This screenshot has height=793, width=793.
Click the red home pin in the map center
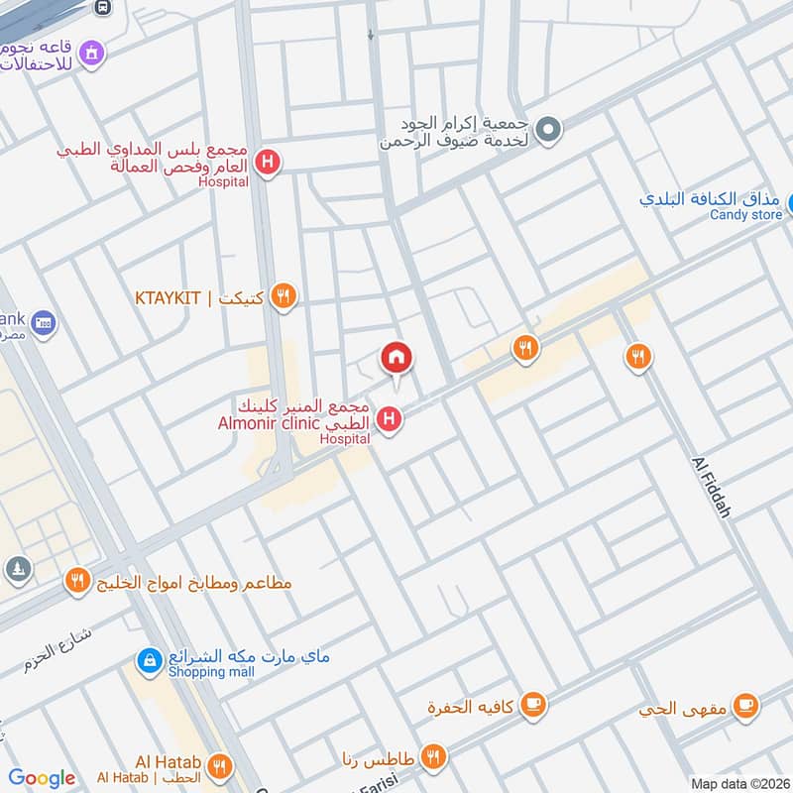point(397,358)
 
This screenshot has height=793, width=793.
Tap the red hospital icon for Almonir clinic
point(391,420)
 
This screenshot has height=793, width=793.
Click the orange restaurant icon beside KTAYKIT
point(284,295)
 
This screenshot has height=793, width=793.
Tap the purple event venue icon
point(92,52)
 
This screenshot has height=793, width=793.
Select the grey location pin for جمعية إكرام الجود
point(548,130)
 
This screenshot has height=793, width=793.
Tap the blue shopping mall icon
point(149,658)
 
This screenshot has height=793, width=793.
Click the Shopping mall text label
point(210,672)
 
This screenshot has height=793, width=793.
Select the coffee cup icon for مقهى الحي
point(746,706)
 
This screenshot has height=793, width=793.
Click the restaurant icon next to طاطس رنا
point(432,757)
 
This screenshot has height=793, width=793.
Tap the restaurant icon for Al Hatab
point(220,765)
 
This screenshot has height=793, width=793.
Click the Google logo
point(42,778)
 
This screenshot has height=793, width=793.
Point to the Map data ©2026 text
point(738,784)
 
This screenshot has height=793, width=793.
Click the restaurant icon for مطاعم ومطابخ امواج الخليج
point(77,582)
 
